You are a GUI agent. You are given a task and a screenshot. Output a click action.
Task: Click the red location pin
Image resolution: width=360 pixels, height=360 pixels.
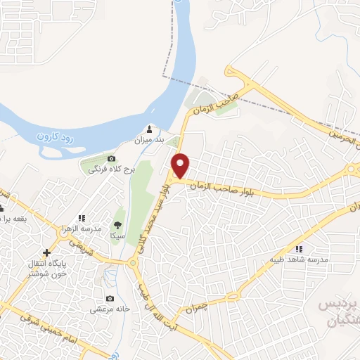coord(181,165)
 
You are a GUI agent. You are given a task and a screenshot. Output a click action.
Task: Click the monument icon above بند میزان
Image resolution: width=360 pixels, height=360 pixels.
coord(149,129)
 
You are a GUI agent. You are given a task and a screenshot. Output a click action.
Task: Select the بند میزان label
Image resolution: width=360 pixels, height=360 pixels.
coord(149,140)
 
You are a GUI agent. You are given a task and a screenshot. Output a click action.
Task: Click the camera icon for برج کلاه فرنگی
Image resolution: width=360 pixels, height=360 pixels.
coord(112,158)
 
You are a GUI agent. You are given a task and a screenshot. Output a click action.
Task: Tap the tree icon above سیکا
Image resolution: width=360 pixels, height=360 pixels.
coord(117,225)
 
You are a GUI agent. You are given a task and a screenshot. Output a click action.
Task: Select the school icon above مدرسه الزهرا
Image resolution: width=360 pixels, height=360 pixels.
coord(82,218)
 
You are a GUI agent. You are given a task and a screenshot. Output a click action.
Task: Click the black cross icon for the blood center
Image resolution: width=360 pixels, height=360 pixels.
coord(46,252)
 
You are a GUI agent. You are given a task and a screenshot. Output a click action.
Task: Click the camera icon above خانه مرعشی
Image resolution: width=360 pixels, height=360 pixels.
coord(108,298)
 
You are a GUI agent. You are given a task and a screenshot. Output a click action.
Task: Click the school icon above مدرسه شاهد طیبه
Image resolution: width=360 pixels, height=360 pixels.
coord(299,248)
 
